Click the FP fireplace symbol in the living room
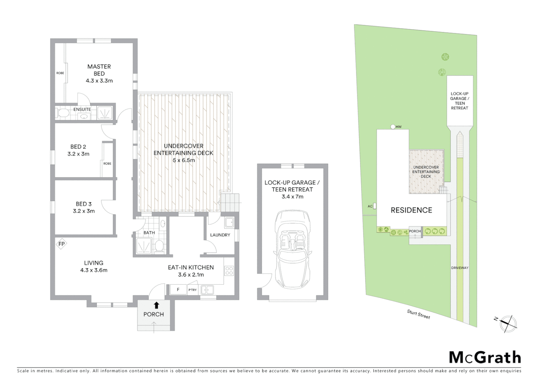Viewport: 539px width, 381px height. (62, 244)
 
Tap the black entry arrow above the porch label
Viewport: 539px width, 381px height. (156, 305)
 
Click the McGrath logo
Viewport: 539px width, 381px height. (485, 357)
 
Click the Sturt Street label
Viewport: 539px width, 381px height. (418, 314)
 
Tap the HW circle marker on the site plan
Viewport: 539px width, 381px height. (393, 127)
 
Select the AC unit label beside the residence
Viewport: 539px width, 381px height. (370, 206)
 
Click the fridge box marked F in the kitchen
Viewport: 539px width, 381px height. (178, 290)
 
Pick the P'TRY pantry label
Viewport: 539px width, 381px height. (192, 290)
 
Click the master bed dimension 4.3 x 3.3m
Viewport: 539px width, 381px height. (99, 81)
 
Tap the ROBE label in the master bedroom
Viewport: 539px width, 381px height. (60, 73)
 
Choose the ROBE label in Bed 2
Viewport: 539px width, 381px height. (107, 163)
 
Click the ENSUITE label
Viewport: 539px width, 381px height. (82, 109)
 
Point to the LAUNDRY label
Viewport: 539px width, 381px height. (220, 235)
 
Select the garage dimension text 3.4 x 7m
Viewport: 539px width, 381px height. (292, 196)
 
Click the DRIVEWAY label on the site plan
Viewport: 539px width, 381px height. (460, 268)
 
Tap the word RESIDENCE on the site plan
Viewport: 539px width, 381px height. (411, 210)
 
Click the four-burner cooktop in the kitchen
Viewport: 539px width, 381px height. (229, 271)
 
